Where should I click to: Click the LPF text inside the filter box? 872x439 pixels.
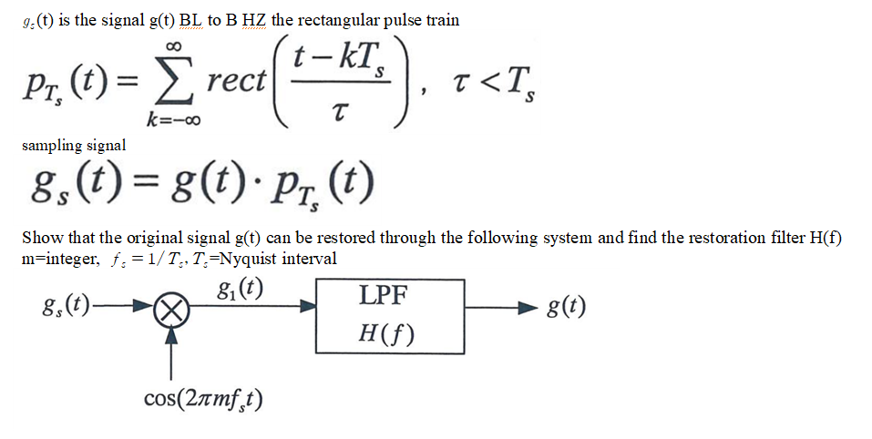coord(383,296)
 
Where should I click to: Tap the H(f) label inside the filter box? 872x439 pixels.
coord(386,333)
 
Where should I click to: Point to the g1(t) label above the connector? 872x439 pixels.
coord(241,288)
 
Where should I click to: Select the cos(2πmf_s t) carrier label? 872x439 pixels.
coord(203,398)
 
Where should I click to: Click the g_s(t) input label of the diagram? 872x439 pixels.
coord(66,306)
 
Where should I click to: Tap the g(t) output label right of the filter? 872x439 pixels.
coord(566,307)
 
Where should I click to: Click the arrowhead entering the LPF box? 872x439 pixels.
coord(309,305)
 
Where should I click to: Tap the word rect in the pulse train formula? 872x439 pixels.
coord(236,81)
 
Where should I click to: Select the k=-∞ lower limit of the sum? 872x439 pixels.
coord(173,119)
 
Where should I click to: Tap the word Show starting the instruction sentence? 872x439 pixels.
coord(43,238)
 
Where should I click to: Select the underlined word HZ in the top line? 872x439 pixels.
coord(254,21)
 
